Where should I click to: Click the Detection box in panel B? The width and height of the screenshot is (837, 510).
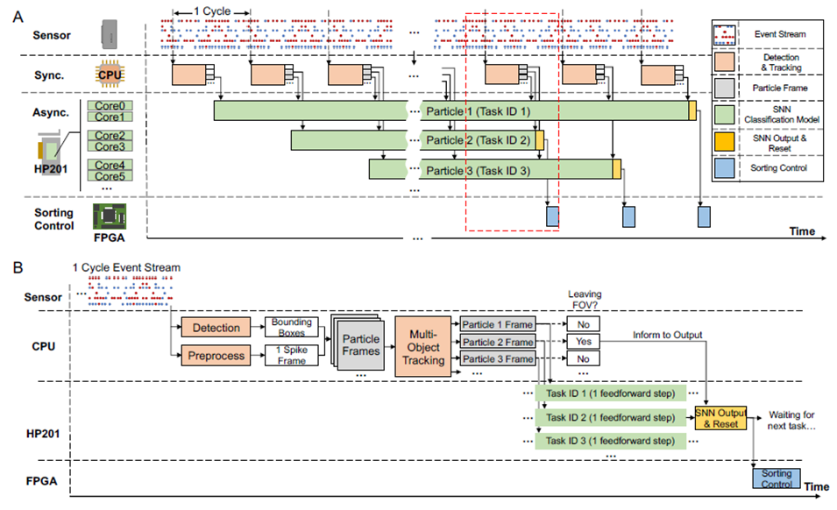point(216,328)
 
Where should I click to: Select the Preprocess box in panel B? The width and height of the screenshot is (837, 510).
point(216,357)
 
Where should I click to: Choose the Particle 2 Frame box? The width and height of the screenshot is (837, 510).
point(497,342)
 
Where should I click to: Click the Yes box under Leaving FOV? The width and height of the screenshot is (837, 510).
point(583,341)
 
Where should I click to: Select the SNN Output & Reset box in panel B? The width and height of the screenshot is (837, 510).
point(719,417)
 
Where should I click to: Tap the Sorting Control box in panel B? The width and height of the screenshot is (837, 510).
point(777,478)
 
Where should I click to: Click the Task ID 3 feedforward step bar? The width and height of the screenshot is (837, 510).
point(611,440)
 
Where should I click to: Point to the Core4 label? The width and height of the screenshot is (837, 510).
point(110,165)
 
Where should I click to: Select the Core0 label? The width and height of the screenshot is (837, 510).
point(110,105)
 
